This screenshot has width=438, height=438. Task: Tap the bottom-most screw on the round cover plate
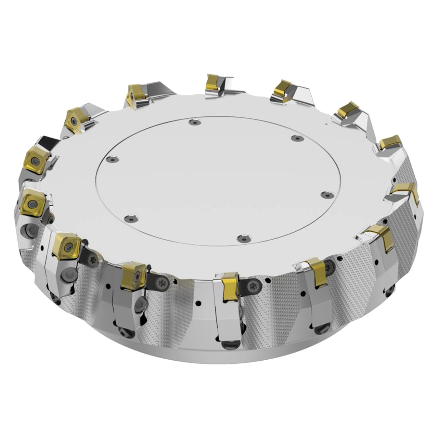click(x=243, y=237)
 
